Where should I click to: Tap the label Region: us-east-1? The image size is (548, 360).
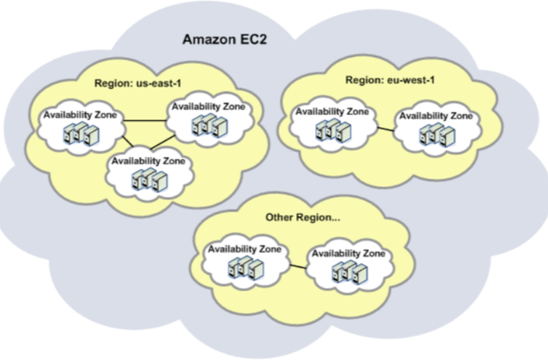136,83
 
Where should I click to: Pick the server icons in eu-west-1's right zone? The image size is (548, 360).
435,135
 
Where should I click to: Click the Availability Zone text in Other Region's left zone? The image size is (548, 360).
244,248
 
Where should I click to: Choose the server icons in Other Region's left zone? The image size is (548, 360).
244,267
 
